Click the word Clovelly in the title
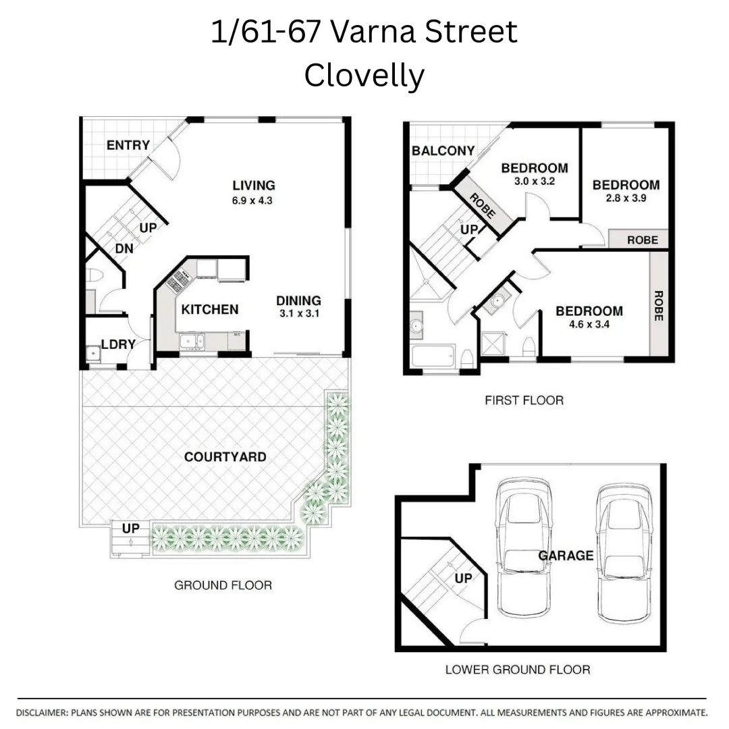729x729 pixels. coord(364,76)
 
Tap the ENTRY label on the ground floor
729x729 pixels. coord(128,145)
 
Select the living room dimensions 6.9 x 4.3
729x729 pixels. coord(254,200)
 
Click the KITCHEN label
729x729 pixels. coord(210,309)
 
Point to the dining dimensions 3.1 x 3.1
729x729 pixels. coord(298,314)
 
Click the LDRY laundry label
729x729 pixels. coord(118,344)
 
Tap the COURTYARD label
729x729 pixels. coord(225,457)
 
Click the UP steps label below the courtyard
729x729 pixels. coord(131,528)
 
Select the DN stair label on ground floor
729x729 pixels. coord(124,248)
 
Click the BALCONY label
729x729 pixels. coord(443,151)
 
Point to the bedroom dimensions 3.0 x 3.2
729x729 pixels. coord(534,181)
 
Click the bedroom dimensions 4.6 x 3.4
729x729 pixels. coord(589,324)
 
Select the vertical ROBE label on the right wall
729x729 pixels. coord(659,305)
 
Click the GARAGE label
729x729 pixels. coord(566,556)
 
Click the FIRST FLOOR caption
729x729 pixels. coord(524,400)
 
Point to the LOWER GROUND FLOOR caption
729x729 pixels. coord(517,670)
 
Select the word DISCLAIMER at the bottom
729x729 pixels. coord(40,712)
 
